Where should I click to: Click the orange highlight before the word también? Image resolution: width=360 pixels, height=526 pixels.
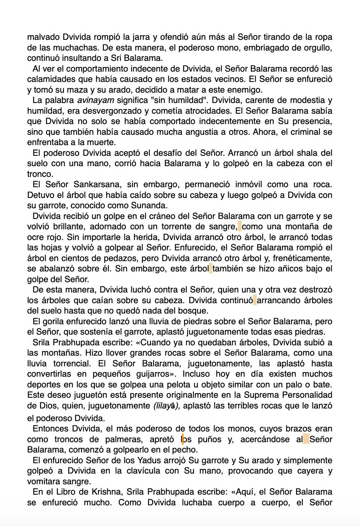pos(211,269)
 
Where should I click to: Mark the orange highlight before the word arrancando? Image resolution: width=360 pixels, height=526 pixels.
pos(255,300)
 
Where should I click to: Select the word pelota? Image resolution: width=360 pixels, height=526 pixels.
pos(205,384)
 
